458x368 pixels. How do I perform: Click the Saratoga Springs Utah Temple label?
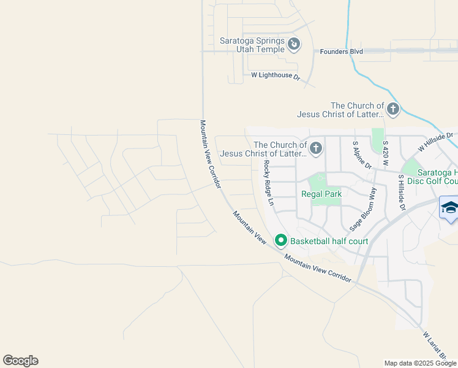[252, 45]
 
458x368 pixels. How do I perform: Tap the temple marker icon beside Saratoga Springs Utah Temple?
[295, 44]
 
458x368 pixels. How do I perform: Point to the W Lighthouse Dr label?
[276, 76]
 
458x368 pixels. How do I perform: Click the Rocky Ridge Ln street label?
[268, 183]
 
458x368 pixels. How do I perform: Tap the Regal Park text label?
[321, 194]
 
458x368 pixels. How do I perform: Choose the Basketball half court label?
[329, 241]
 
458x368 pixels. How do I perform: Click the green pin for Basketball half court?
[281, 240]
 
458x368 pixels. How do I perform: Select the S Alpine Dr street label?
[361, 155]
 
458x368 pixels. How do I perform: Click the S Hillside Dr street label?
[402, 193]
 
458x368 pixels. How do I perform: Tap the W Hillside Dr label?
[435, 142]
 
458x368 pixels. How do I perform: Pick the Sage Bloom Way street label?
[362, 209]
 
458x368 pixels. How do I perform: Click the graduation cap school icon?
[450, 207]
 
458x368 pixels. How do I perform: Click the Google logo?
[20, 361]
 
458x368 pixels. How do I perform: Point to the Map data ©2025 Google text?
[420, 363]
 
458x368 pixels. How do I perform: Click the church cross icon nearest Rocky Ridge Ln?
[316, 148]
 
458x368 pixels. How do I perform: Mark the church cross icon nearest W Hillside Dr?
[393, 110]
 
